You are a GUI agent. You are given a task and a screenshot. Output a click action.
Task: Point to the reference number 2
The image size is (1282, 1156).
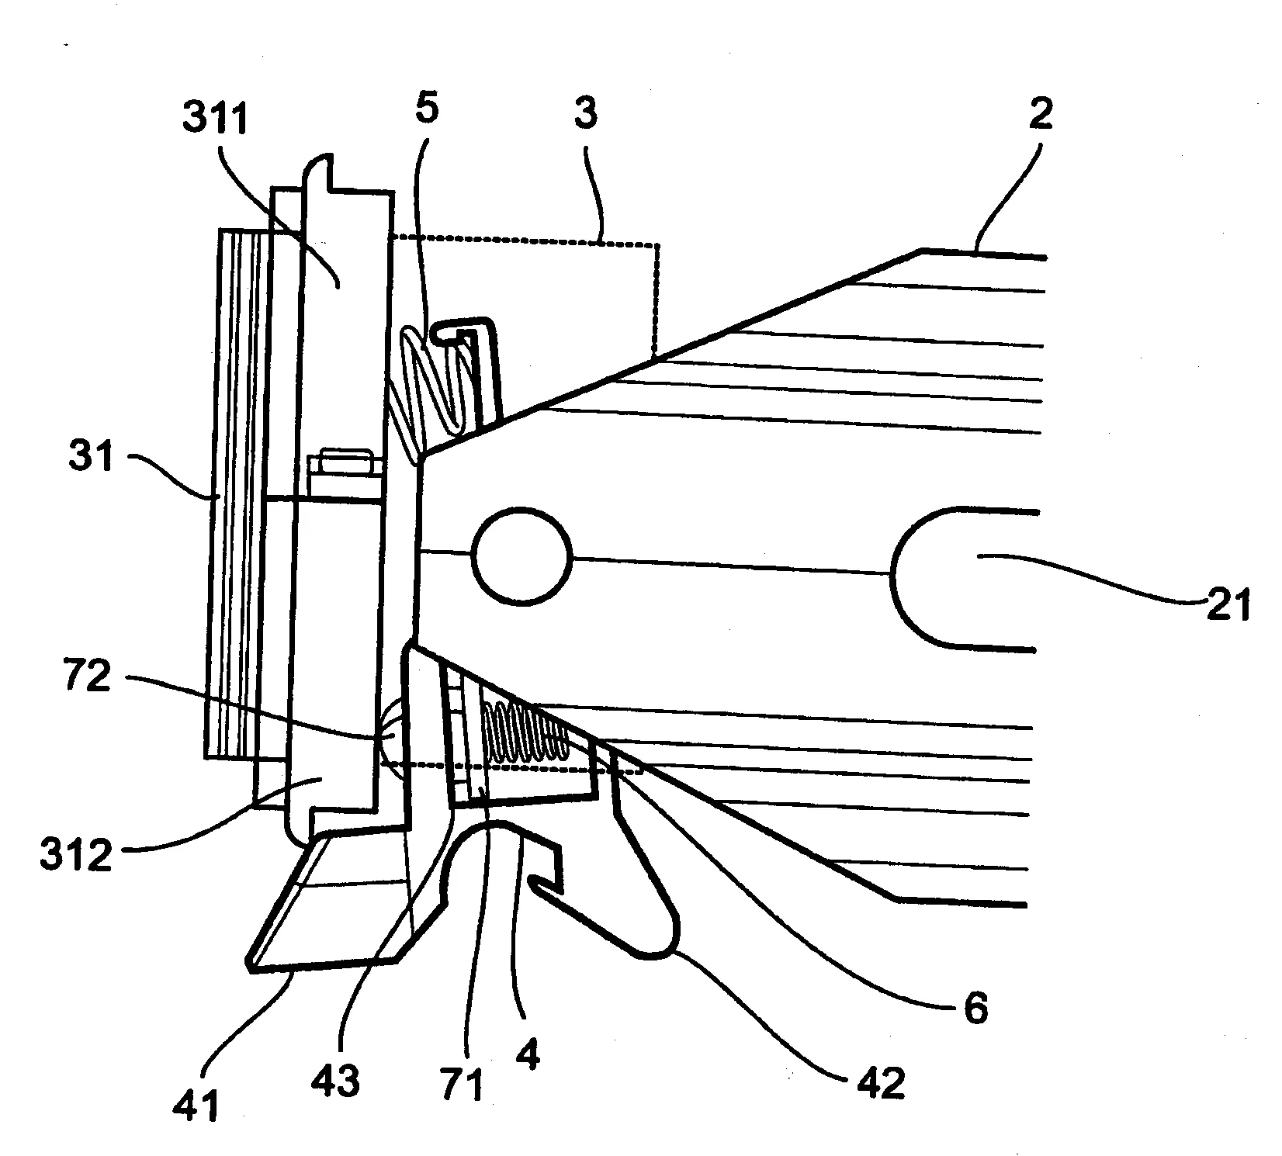point(1041,113)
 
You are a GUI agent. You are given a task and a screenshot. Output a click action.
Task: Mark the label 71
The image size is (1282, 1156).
point(463,1083)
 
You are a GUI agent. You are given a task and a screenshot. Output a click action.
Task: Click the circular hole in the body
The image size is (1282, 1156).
point(521,556)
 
